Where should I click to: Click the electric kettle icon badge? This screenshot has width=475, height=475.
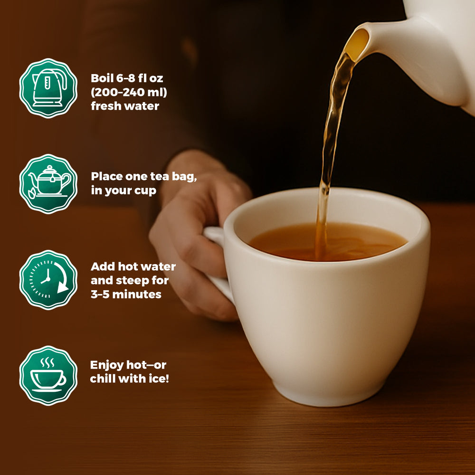48,88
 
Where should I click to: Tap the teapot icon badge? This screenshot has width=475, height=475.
48,184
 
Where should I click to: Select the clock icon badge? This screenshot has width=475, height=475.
48,280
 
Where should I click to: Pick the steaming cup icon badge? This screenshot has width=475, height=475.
48,376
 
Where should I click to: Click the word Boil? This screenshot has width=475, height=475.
102,78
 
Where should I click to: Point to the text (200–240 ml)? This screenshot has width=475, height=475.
129,92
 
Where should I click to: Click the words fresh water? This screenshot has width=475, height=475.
125,106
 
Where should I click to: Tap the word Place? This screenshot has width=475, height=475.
107,176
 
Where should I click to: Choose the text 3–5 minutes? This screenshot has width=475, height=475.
126,294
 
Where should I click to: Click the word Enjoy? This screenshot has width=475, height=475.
106,365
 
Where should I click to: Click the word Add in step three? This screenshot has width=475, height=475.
103,266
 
